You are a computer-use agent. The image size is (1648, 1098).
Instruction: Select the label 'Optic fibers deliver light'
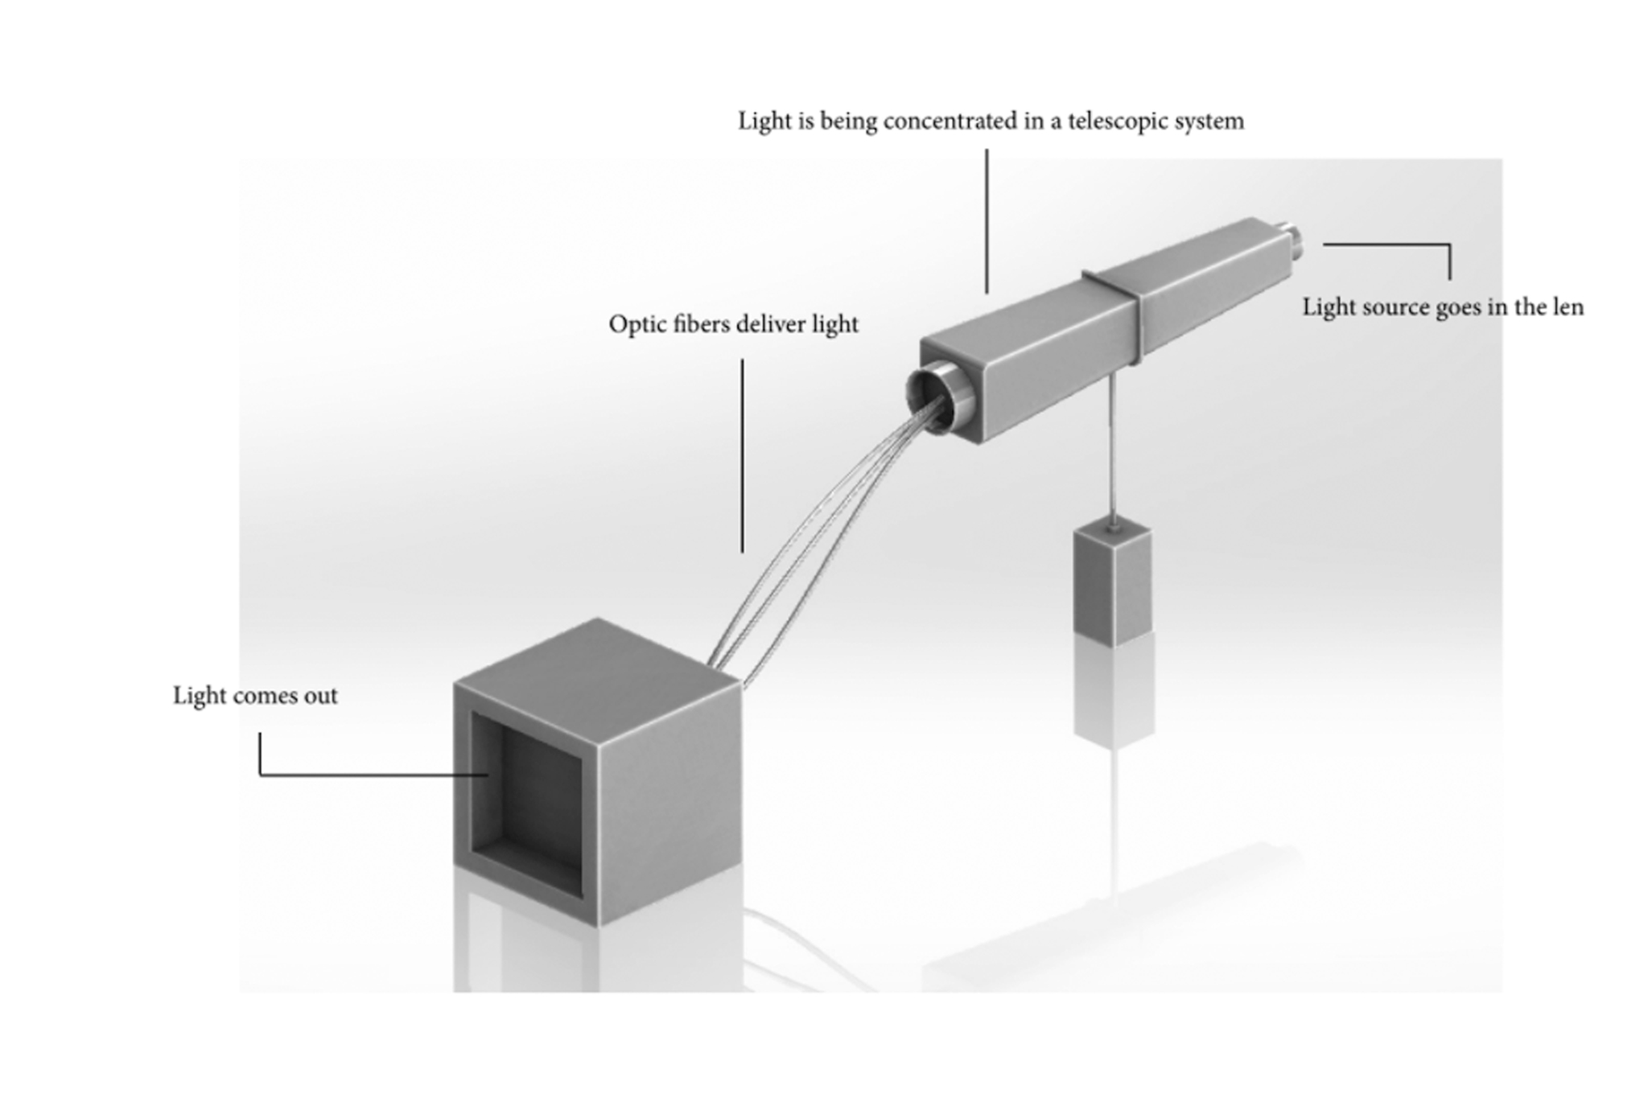pos(733,324)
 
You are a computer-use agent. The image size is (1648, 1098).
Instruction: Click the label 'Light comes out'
pos(255,696)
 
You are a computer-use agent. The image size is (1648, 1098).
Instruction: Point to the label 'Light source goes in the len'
pos(1443,307)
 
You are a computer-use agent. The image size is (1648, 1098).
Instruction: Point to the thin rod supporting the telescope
pos(1112,450)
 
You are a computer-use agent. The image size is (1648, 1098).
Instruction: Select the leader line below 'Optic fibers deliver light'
pos(742,454)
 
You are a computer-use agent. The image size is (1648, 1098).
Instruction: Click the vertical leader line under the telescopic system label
pos(987,221)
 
